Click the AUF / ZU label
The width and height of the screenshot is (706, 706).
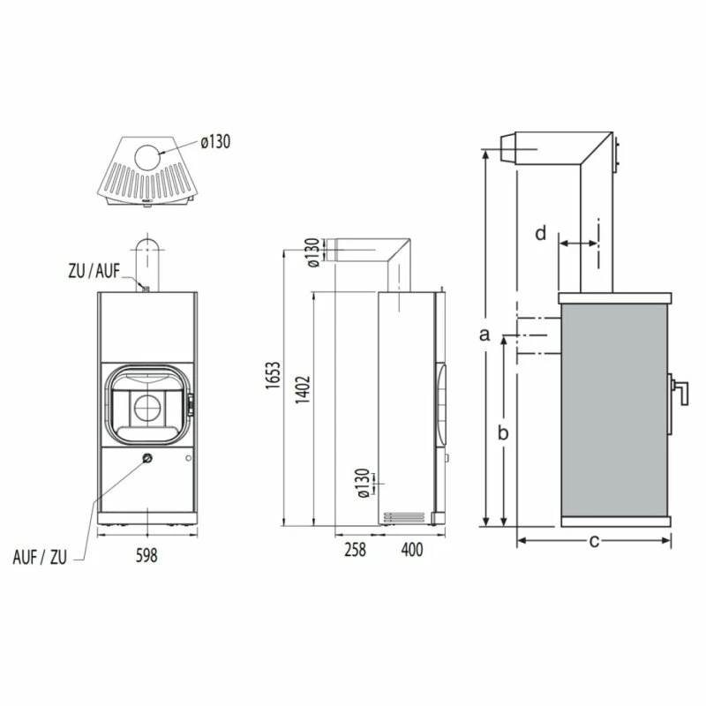pyautogui.click(x=41, y=557)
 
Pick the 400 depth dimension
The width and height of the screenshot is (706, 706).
pyautogui.click(x=411, y=550)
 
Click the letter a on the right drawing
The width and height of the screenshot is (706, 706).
pyautogui.click(x=483, y=334)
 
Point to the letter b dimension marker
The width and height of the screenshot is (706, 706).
pyautogui.click(x=502, y=432)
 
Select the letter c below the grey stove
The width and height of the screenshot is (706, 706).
pyautogui.click(x=594, y=541)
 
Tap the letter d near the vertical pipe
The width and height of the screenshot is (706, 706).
pyautogui.click(x=541, y=234)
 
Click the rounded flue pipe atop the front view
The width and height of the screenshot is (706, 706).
pyautogui.click(x=146, y=260)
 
